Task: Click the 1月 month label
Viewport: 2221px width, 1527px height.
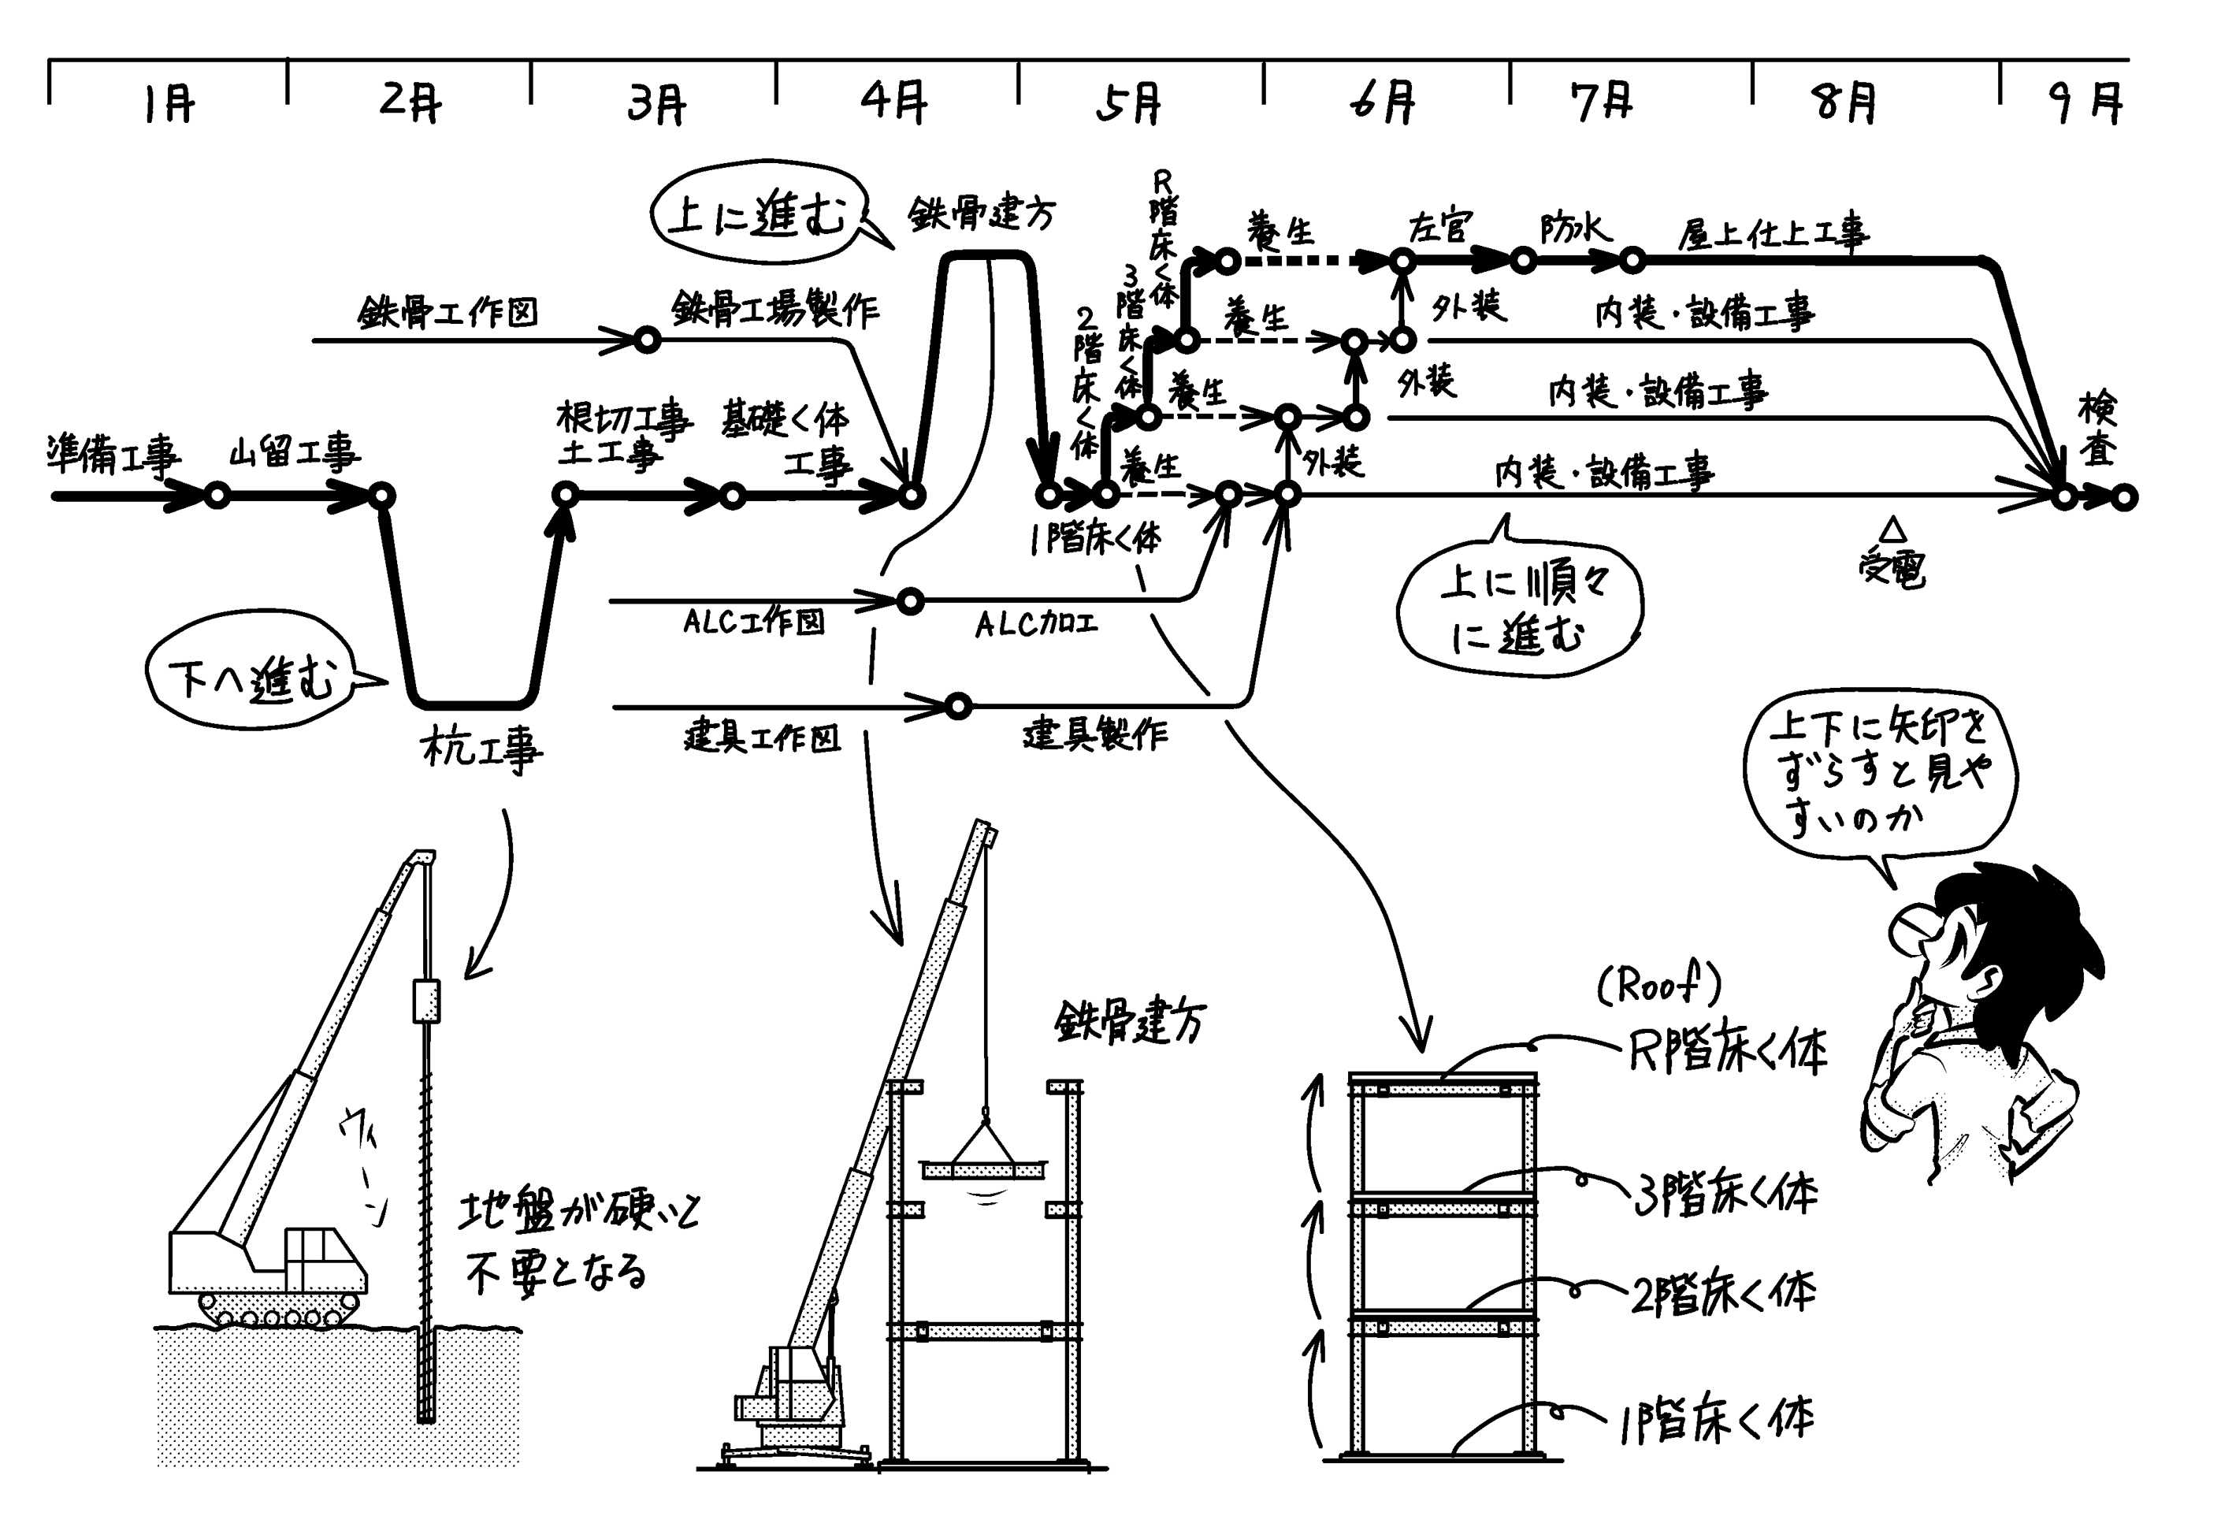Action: [169, 103]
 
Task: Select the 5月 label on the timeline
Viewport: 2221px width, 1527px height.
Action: [1129, 103]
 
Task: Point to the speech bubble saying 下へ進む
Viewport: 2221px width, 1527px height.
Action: [251, 678]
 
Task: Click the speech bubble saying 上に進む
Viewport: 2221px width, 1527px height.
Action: [756, 216]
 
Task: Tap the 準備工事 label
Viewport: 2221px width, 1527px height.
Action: [113, 455]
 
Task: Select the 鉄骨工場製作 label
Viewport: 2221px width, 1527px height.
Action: [774, 308]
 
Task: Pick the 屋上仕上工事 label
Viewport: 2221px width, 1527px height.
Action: [1773, 232]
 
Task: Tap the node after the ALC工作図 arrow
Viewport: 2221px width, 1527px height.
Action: [910, 602]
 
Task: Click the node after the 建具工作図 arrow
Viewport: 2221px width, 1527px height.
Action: [957, 707]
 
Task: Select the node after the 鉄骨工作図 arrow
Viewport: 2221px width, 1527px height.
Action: [648, 340]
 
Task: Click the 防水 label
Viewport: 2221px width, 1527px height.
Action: [1574, 229]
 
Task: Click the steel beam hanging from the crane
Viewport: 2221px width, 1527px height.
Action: [983, 1169]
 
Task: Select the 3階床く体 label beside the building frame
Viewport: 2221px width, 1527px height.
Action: [1725, 1193]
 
